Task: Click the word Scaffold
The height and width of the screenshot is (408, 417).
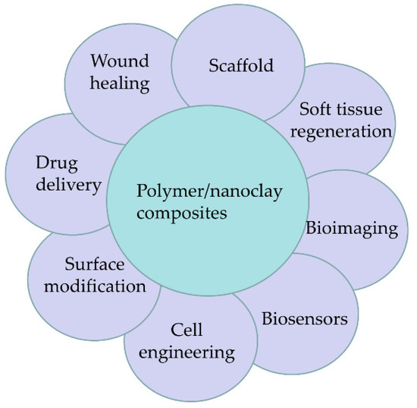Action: tap(240, 65)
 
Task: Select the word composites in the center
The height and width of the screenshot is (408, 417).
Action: tap(182, 213)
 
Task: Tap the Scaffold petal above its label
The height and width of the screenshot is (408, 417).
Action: tap(239, 34)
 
